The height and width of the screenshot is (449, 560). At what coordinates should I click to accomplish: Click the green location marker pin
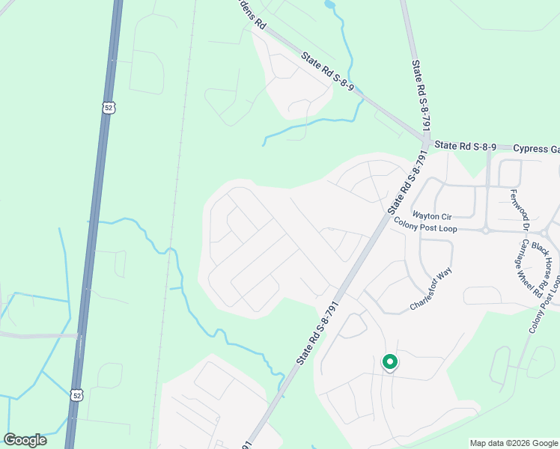[389, 362]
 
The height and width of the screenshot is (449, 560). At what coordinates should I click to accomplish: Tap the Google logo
[25, 440]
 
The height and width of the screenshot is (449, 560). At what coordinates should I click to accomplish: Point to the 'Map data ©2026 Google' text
[514, 443]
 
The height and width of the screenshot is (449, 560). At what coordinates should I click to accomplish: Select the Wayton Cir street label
[433, 215]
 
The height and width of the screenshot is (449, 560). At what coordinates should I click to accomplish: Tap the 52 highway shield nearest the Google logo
[78, 394]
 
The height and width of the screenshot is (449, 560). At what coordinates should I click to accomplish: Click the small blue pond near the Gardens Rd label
[329, 5]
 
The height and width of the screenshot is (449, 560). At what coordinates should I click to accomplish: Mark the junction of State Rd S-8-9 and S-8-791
[425, 140]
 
